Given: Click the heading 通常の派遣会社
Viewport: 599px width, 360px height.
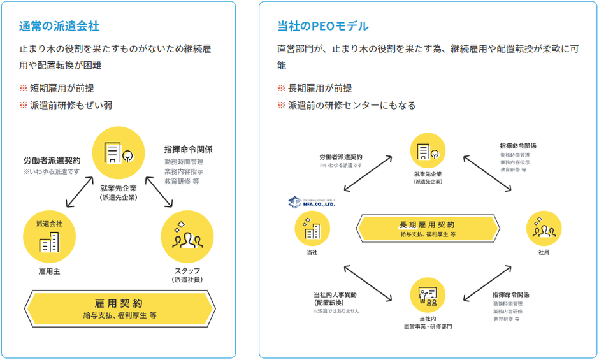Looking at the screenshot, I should coord(59,26).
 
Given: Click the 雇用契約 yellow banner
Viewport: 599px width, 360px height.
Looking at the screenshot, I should coord(119,308).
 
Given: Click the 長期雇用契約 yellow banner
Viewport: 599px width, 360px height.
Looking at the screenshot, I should coord(427,229).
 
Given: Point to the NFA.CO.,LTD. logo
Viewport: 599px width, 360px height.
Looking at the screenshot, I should coord(312,202).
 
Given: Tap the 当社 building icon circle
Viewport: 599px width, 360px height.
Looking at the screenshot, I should coord(312,229).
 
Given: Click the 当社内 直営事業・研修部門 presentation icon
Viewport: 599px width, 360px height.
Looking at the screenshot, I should coord(427,294).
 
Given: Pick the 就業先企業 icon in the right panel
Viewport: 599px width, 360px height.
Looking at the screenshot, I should coord(428,151).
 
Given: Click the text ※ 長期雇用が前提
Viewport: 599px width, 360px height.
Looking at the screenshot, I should coord(315,88).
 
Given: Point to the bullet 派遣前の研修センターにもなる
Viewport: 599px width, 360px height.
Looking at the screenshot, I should coord(347,105).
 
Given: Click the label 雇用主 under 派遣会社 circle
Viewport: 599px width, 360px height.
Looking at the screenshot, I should coord(48,271).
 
